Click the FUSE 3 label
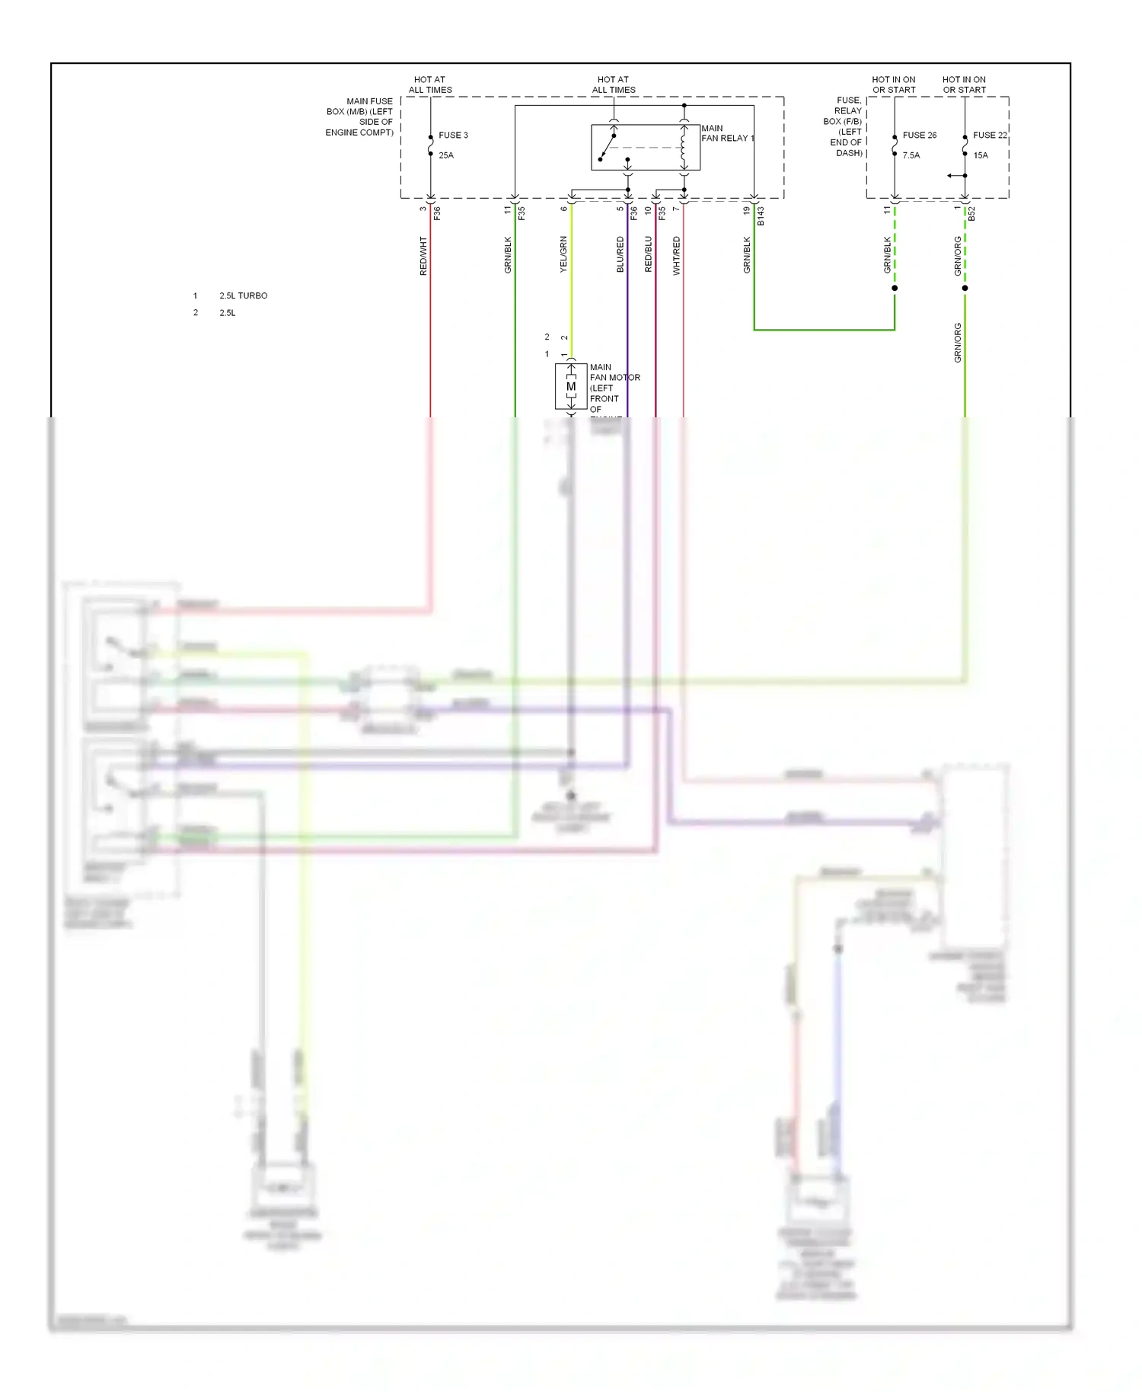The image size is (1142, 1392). click(x=453, y=136)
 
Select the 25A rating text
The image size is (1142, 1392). click(x=446, y=155)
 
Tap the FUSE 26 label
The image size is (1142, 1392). click(x=919, y=136)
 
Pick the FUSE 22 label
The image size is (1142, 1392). click(x=989, y=136)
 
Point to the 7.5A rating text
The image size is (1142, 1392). click(x=911, y=155)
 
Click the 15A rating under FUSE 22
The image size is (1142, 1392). click(x=981, y=155)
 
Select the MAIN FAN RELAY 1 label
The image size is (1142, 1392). click(x=727, y=133)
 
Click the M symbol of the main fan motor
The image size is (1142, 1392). click(x=571, y=387)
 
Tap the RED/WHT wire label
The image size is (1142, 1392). click(x=423, y=255)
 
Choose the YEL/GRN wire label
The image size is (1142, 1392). click(x=563, y=254)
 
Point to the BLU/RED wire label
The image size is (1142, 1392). click(x=620, y=254)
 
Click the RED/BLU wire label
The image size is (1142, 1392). click(x=648, y=254)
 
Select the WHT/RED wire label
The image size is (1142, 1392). click(x=676, y=255)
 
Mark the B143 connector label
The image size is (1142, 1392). click(x=761, y=216)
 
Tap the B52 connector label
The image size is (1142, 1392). click(x=971, y=214)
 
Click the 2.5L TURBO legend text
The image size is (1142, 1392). click(x=244, y=295)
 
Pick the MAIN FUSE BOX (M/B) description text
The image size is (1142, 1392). click(x=360, y=117)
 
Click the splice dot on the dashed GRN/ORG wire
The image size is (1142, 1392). click(x=965, y=288)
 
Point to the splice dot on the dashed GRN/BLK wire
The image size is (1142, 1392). click(x=895, y=288)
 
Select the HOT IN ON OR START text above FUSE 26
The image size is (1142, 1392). click(x=894, y=85)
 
